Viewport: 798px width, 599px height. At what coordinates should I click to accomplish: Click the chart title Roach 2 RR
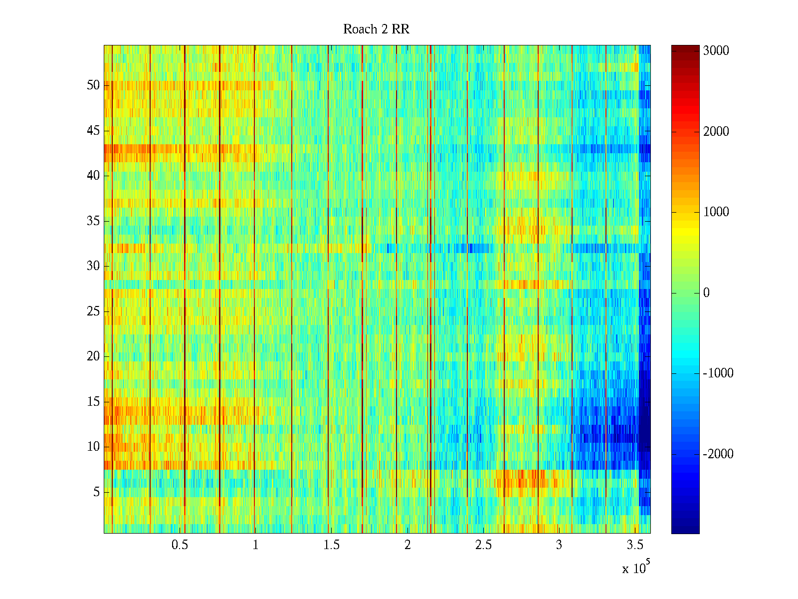click(x=376, y=29)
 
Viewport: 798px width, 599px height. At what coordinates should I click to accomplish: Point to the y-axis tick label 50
click(x=93, y=85)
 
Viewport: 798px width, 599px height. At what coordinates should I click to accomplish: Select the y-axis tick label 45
click(x=93, y=131)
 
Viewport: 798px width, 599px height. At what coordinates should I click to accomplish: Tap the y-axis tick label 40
click(x=93, y=176)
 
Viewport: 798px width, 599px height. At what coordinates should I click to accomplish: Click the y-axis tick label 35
click(x=93, y=221)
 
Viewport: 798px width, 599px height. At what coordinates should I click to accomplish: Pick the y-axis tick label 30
click(x=93, y=266)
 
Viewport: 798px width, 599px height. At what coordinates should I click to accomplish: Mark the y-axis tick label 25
click(x=93, y=311)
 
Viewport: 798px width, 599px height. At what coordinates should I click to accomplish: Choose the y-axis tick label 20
click(x=93, y=356)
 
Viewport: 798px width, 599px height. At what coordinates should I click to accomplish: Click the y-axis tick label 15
click(x=93, y=402)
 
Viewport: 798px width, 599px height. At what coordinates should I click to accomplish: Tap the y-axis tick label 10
click(x=93, y=447)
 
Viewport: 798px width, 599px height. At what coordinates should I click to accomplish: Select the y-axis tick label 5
click(x=96, y=492)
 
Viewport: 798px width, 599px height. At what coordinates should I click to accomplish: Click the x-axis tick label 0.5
click(x=180, y=545)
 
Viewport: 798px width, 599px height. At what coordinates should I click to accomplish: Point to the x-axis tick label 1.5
click(x=332, y=545)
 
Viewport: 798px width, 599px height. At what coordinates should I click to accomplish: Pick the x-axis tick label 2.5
click(x=483, y=545)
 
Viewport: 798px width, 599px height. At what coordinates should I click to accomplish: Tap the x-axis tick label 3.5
click(x=635, y=545)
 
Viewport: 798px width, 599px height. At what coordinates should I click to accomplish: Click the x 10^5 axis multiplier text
click(x=636, y=568)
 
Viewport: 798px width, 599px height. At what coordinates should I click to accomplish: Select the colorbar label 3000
click(x=716, y=51)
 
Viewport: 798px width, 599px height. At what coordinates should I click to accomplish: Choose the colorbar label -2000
click(x=718, y=454)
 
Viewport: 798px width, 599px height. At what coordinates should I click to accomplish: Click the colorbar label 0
click(x=706, y=293)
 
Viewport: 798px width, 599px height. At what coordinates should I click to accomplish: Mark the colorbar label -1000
click(x=718, y=373)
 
